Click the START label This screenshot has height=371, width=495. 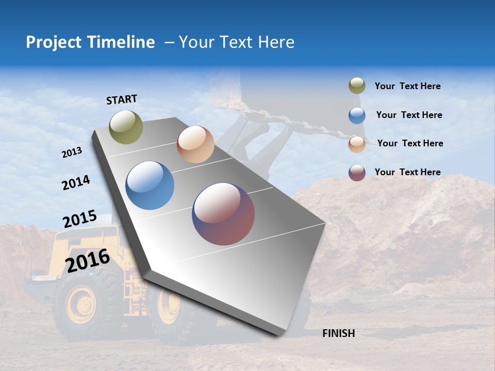pos(122,99)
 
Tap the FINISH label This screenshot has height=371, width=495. pos(339,333)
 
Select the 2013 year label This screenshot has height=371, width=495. pos(72,153)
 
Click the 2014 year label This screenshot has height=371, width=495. pos(76,183)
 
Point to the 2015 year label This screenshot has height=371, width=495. pos(80,219)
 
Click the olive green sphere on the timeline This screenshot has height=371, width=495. pos(126,127)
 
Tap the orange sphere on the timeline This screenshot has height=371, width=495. pos(195,144)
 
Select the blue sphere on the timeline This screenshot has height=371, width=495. pos(150,185)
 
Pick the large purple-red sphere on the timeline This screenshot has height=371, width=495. pos(223,214)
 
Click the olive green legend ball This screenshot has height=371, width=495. pos(357,86)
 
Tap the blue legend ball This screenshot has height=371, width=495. pos(357,115)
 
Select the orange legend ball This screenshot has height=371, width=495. pos(357,144)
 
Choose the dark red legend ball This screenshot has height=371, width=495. pos(357,173)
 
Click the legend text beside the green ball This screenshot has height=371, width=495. pos(407,86)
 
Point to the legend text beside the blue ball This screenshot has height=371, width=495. pos(409,115)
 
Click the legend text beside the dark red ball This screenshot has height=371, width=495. pos(407,172)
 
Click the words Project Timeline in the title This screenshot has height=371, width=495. pos(90,42)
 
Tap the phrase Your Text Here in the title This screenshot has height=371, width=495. pos(236,42)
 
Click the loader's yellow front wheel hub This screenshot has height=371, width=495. pos(81,304)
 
